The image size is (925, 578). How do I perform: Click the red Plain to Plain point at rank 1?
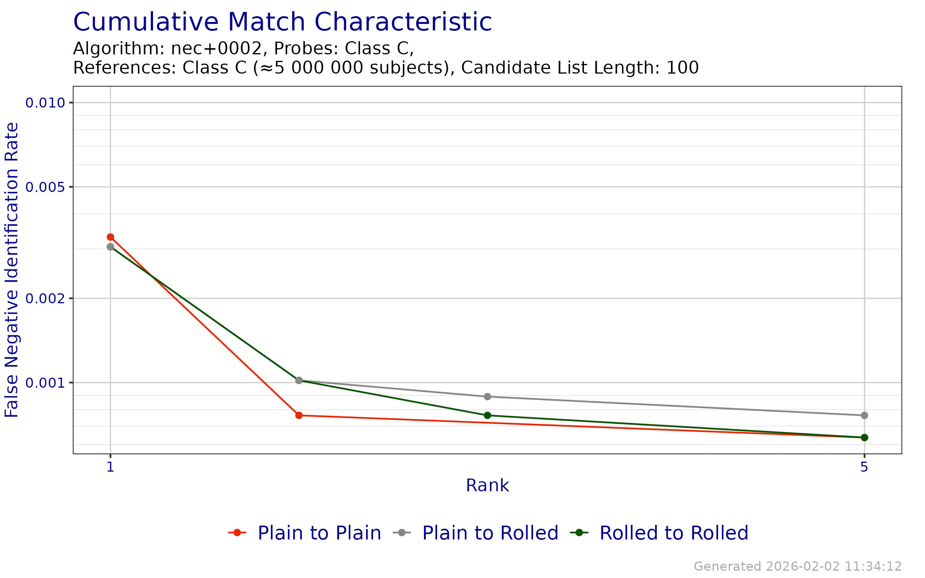coord(111,237)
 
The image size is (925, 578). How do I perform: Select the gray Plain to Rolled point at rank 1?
coord(111,247)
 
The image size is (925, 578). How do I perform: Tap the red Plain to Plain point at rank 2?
coord(299,415)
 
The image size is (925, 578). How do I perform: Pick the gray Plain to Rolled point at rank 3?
coord(488,397)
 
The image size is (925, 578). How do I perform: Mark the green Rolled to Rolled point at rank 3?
coord(488,415)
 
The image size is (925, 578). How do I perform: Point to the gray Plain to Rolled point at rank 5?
coord(864,415)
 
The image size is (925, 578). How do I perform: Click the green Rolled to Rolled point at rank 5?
coord(864,438)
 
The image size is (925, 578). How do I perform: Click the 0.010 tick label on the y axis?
coord(45,103)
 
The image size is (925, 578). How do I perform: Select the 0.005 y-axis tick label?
coord(45,187)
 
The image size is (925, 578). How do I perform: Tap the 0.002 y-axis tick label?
coord(45,298)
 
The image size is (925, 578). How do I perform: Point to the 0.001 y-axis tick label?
coord(45,383)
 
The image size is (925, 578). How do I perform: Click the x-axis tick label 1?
coord(111,467)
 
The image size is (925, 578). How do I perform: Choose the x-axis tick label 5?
coord(864,467)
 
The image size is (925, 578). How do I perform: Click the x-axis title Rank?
coord(488,486)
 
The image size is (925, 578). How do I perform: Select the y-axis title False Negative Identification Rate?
coord(12,270)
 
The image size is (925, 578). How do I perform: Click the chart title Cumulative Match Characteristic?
coord(283,22)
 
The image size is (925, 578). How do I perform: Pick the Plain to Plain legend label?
coord(319,533)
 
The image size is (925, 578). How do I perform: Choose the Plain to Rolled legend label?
coord(490,533)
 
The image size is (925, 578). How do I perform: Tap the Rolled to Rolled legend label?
coord(674,533)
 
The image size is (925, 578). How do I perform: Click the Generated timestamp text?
coord(798,566)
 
